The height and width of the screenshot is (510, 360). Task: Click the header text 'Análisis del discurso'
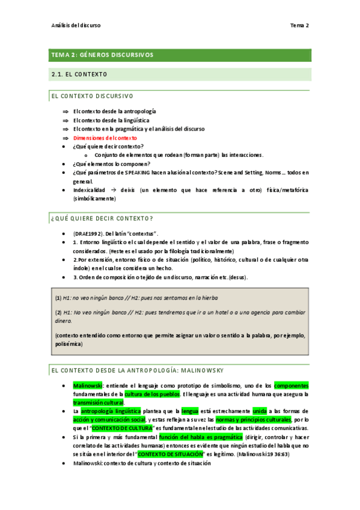pyautogui.click(x=76, y=26)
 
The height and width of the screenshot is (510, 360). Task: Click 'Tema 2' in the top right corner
pyautogui.click(x=299, y=26)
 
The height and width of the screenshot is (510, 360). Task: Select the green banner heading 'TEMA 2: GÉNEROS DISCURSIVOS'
pyautogui.click(x=103, y=55)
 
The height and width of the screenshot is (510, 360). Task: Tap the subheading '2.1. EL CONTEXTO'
pyautogui.click(x=80, y=75)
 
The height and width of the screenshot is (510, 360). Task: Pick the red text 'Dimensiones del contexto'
pyautogui.click(x=105, y=138)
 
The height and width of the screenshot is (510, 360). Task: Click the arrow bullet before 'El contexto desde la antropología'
pyautogui.click(x=65, y=112)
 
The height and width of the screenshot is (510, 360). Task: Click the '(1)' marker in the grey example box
pyautogui.click(x=58, y=298)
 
